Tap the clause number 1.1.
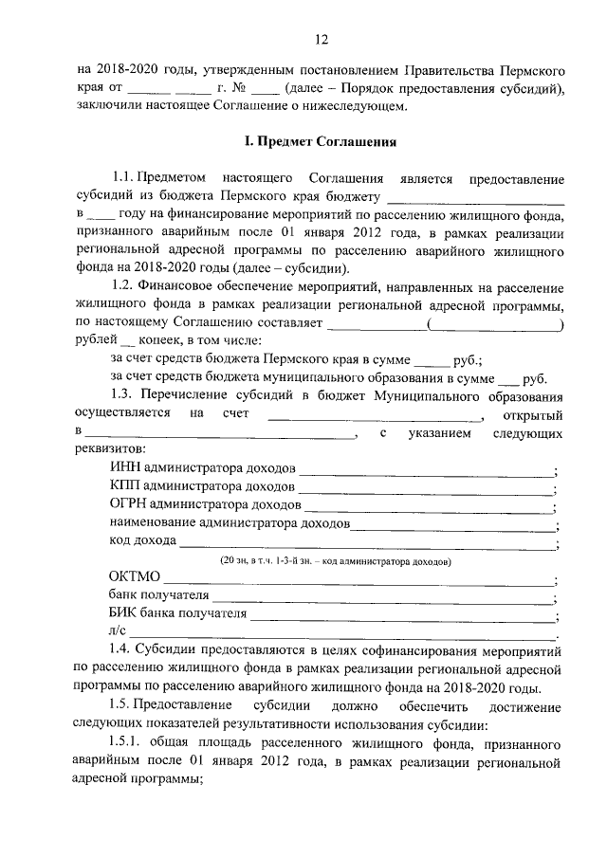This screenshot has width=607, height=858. coord(122,179)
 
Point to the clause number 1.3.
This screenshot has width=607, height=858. coord(122,395)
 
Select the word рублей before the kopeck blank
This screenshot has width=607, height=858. coord(96,340)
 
